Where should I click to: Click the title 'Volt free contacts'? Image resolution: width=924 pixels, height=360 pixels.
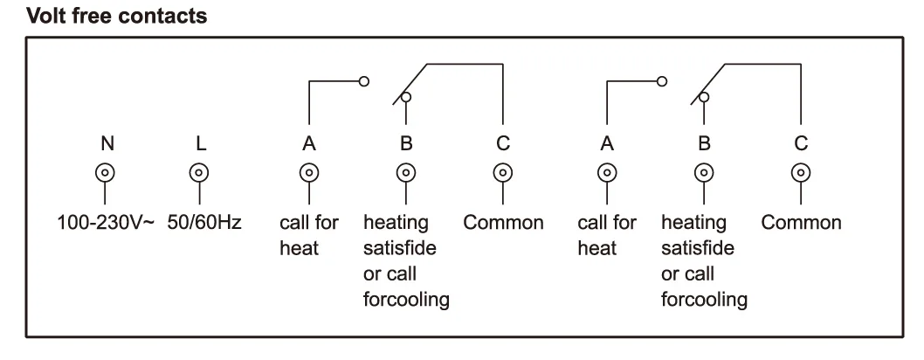117,16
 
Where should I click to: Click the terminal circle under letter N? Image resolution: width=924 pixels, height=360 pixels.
106,172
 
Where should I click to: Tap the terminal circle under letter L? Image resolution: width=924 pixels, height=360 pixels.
200,172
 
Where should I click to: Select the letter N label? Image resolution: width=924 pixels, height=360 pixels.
106,144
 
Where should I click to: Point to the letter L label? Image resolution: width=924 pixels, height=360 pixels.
200,144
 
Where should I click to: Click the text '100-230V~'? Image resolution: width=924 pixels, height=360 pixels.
106,223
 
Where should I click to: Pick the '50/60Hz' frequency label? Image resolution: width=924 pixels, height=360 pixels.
204,223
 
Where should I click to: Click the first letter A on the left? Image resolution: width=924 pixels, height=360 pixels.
308,144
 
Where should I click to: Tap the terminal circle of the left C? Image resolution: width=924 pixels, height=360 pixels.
502,172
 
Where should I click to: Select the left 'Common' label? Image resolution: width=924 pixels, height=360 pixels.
503,223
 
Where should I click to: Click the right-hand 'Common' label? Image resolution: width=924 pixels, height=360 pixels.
801,223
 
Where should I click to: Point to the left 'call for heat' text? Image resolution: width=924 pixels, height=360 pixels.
308,235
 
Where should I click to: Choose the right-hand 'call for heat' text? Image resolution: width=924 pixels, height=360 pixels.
606,235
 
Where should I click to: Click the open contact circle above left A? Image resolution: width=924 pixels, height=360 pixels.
365,81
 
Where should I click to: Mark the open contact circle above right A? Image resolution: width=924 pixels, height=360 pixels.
662,81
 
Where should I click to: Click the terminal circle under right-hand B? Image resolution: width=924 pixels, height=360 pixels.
702,172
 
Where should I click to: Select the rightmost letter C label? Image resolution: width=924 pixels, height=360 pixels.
800,144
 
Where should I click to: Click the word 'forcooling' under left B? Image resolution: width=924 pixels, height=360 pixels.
406,301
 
